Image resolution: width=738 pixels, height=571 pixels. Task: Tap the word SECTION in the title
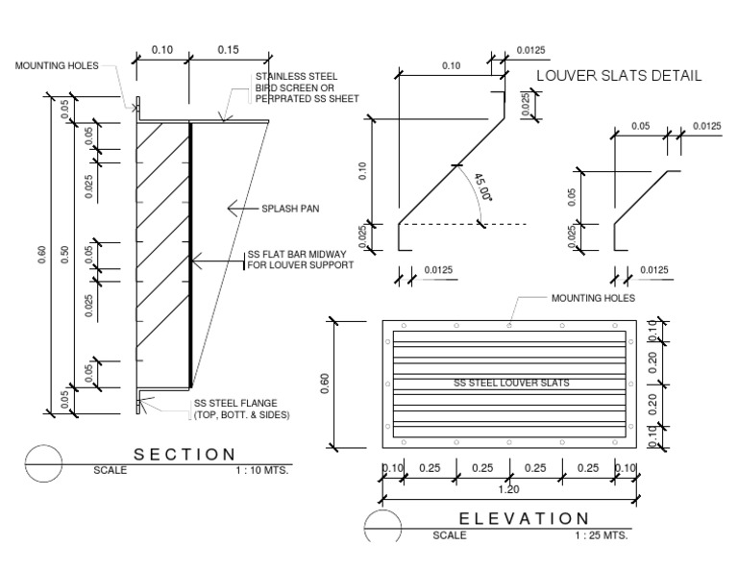click(x=184, y=455)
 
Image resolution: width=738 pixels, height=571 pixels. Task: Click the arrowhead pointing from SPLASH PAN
click(x=232, y=207)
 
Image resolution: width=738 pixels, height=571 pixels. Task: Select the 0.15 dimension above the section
click(x=228, y=50)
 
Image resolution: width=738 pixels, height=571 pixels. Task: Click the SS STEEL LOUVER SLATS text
click(x=510, y=383)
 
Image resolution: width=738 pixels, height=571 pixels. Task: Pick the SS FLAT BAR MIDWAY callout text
click(x=300, y=260)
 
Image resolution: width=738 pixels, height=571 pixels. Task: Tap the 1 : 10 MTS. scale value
click(x=261, y=472)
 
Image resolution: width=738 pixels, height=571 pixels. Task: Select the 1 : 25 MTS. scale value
click(x=602, y=535)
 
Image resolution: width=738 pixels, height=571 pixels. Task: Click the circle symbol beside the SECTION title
click(x=43, y=462)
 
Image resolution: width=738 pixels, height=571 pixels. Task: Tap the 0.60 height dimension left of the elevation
click(x=323, y=385)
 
